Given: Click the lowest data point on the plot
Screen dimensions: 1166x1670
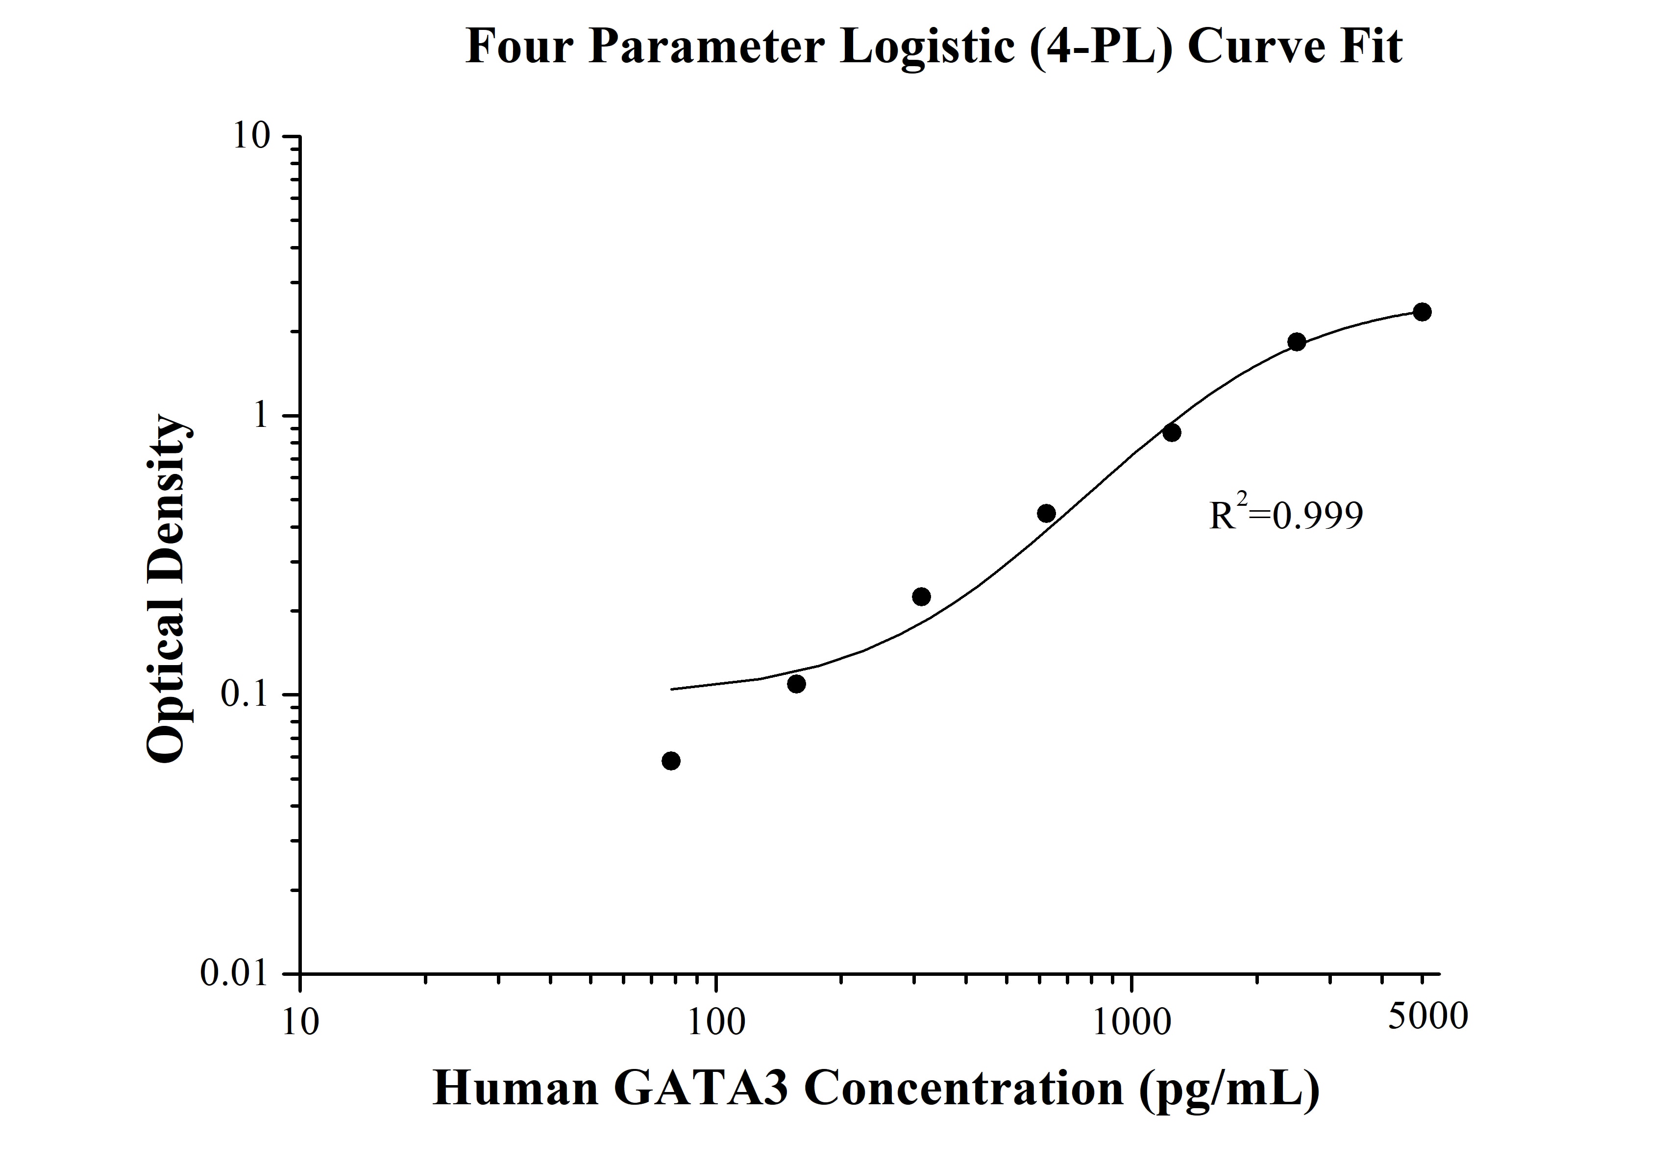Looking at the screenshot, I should pyautogui.click(x=671, y=761).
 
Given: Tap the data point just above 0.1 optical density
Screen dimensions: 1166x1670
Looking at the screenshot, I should pyautogui.click(x=796, y=684).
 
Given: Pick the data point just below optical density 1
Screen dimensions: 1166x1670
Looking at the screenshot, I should pyautogui.click(x=1171, y=433).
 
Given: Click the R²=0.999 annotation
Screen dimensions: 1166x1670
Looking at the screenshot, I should pyautogui.click(x=1285, y=515).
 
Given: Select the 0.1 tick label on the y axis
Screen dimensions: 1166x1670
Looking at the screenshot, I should pyautogui.click(x=245, y=695).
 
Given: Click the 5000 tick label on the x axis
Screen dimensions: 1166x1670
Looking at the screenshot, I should pyautogui.click(x=1427, y=1016).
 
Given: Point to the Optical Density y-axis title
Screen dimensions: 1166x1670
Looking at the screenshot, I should pyautogui.click(x=170, y=589).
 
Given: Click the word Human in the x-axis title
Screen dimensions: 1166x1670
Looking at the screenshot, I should pyautogui.click(x=515, y=1090).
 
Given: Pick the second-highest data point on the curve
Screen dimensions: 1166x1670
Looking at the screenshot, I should pyautogui.click(x=1296, y=342).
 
